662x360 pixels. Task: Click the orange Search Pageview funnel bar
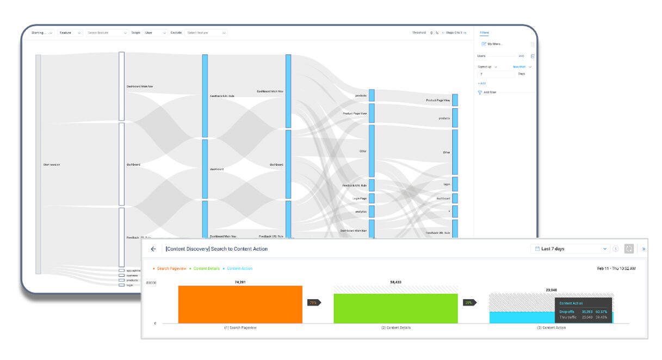(x=240, y=305)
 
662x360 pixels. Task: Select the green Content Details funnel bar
(x=395, y=308)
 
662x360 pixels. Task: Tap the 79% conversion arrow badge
(x=314, y=302)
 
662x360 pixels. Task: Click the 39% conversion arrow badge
(x=468, y=302)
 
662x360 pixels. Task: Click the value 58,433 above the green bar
(x=395, y=282)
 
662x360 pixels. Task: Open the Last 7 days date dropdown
(x=571, y=249)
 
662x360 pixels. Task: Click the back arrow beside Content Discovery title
(x=153, y=249)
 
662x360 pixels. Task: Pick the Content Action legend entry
(x=239, y=269)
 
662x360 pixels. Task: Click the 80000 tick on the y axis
(x=151, y=283)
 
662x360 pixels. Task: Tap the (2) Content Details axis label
(x=396, y=328)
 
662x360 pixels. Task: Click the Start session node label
(x=52, y=164)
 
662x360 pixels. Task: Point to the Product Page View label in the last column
(x=438, y=101)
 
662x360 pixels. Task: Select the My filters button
(x=494, y=44)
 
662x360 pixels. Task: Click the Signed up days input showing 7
(x=492, y=74)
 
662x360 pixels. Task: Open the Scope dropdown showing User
(x=155, y=33)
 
